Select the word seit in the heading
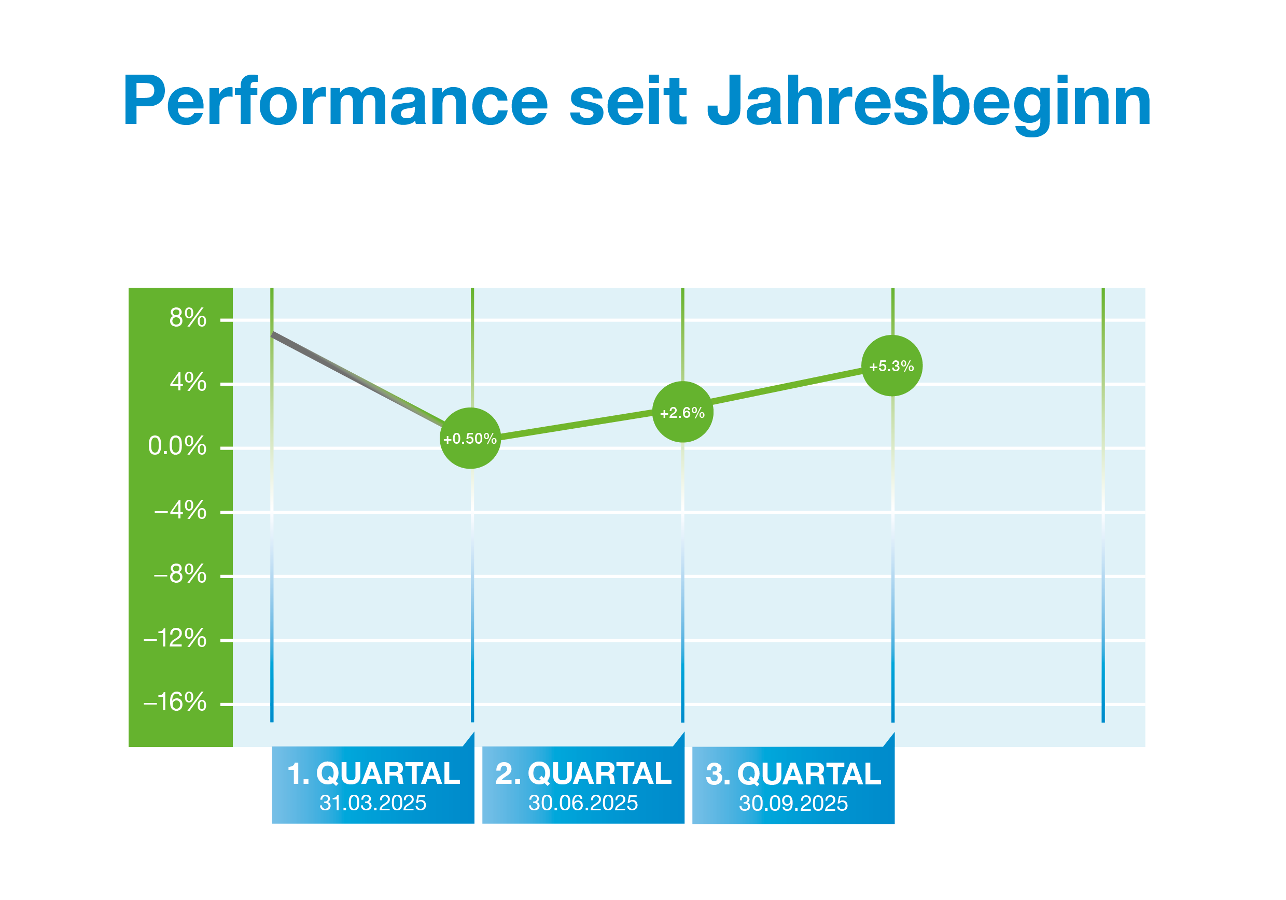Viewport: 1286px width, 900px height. click(628, 101)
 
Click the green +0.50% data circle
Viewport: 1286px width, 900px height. click(470, 439)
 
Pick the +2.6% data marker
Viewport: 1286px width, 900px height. click(682, 413)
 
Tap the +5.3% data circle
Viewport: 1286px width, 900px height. click(892, 366)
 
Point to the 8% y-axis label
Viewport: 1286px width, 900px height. click(188, 318)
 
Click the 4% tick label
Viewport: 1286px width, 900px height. click(188, 383)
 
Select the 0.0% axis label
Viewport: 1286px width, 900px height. click(177, 446)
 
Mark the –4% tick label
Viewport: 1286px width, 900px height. click(180, 511)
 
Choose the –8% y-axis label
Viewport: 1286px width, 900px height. click(180, 574)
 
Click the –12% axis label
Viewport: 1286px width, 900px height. click(175, 639)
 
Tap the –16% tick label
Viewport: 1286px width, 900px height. click(175, 702)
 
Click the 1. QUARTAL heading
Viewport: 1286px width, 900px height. click(373, 774)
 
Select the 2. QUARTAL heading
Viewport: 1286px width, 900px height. click(583, 774)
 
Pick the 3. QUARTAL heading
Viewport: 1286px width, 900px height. click(793, 775)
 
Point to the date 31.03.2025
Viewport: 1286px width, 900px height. click(373, 803)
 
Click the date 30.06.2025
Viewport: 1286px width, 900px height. click(583, 803)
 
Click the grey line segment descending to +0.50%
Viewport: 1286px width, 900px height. click(358, 379)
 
